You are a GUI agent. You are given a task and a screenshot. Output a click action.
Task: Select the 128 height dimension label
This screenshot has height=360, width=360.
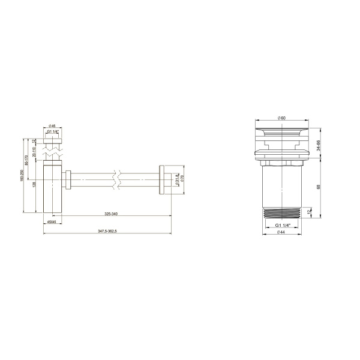click(x=35, y=184)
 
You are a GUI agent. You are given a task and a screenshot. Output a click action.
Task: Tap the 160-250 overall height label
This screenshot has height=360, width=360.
click(x=22, y=175)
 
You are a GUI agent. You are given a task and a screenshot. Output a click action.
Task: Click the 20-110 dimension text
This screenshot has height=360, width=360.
click(x=35, y=150)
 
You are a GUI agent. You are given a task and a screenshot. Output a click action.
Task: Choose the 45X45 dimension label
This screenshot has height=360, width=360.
click(x=52, y=221)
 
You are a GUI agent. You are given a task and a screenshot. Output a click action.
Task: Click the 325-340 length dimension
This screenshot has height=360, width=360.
click(x=110, y=214)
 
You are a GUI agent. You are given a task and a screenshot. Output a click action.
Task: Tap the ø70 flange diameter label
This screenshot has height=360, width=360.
click(x=182, y=179)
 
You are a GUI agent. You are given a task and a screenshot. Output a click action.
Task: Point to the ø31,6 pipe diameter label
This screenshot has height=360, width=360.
click(x=177, y=179)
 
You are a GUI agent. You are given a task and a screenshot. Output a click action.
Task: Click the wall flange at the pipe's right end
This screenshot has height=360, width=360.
click(x=164, y=179)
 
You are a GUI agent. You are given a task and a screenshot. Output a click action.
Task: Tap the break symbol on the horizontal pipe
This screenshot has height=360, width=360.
click(x=118, y=179)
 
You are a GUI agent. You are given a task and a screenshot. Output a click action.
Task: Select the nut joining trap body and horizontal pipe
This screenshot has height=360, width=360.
click(x=69, y=179)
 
